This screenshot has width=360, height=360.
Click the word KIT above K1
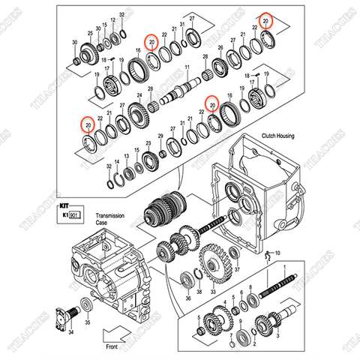point(64,202)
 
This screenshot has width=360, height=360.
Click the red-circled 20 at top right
point(266,20)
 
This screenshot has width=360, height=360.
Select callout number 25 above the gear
point(90,34)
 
